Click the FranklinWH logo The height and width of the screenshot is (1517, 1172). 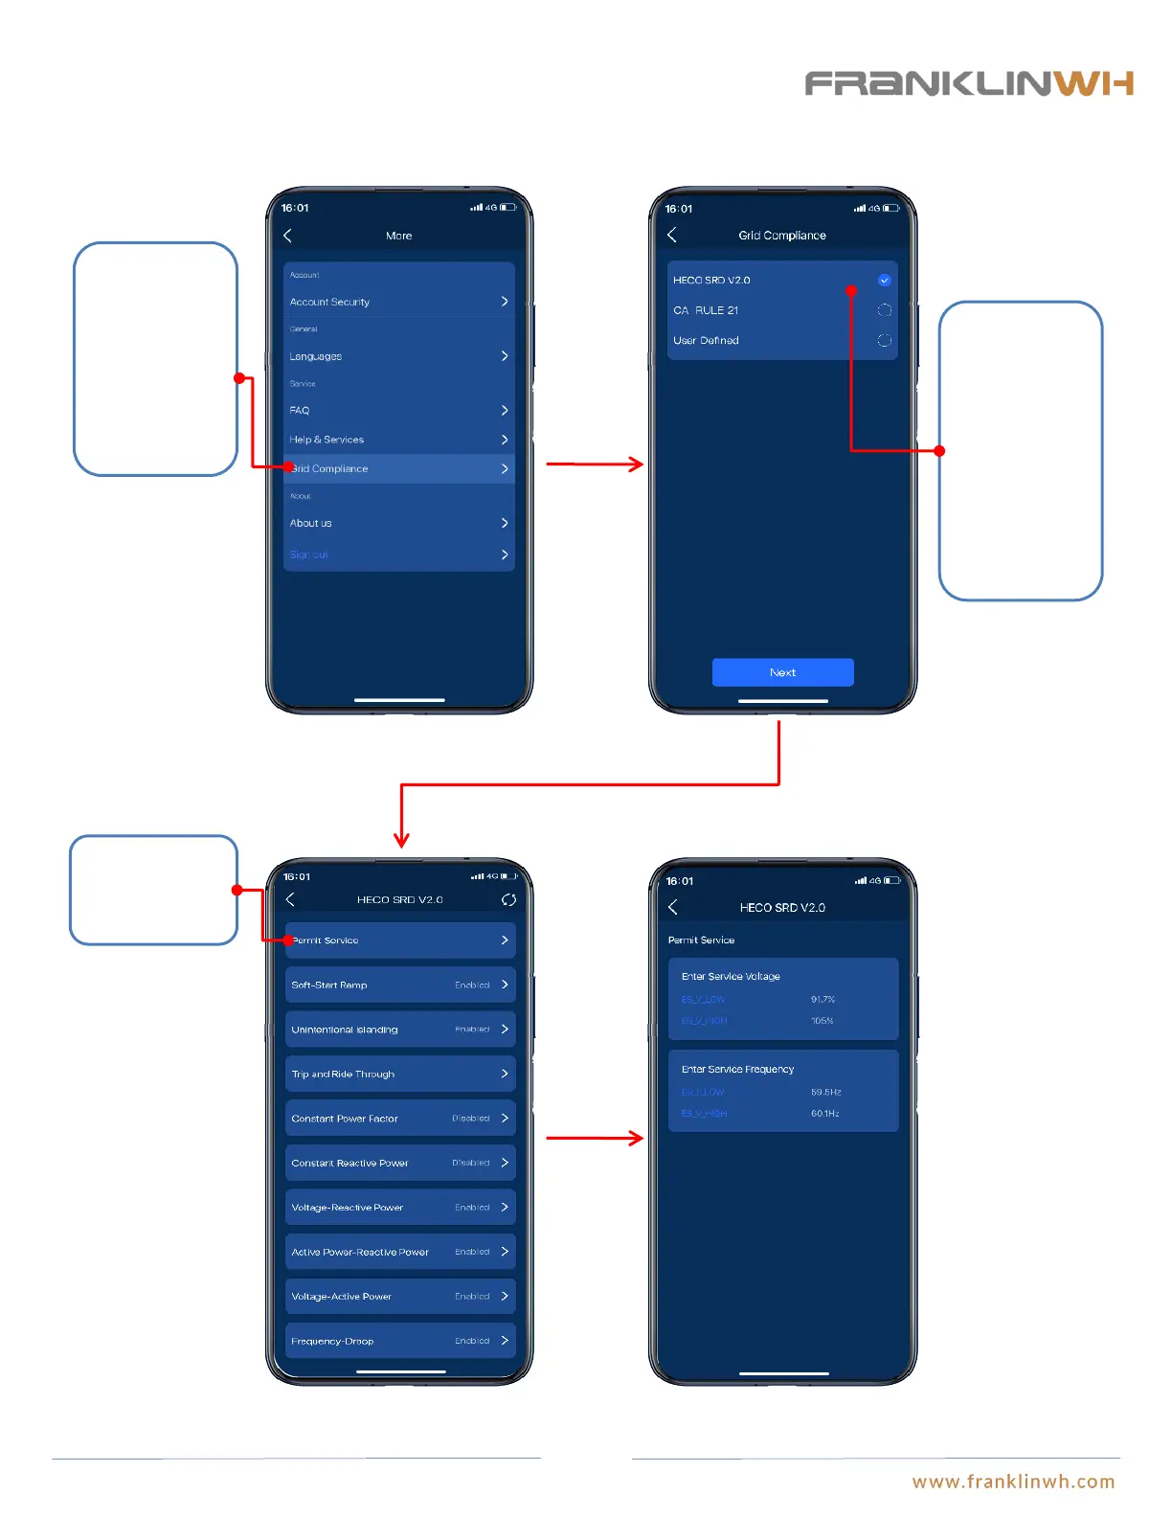[969, 84]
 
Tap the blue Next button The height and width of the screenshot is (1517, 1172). [782, 672]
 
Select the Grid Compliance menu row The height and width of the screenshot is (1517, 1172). [398, 468]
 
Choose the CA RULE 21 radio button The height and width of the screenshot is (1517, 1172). [884, 310]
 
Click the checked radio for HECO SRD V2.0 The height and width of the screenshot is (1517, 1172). [884, 281]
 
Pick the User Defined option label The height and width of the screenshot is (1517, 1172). [706, 340]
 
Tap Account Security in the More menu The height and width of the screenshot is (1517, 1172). [398, 302]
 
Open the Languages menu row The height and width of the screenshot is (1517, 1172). [398, 356]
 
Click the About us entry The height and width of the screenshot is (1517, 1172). [398, 523]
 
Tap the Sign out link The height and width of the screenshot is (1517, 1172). [309, 555]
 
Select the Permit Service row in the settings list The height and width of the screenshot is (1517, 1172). [400, 940]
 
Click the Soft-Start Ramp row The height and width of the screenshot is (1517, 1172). [400, 985]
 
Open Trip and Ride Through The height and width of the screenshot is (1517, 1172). [400, 1074]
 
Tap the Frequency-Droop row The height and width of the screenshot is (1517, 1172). [400, 1341]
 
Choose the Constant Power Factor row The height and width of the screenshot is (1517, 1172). [400, 1119]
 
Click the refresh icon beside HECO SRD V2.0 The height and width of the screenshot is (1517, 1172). [508, 899]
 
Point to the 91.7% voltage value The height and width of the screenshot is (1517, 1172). [823, 1000]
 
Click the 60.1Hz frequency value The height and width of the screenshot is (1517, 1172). [824, 1114]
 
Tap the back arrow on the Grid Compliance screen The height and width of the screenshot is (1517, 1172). [672, 235]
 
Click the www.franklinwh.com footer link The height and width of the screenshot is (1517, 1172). [1013, 1482]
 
